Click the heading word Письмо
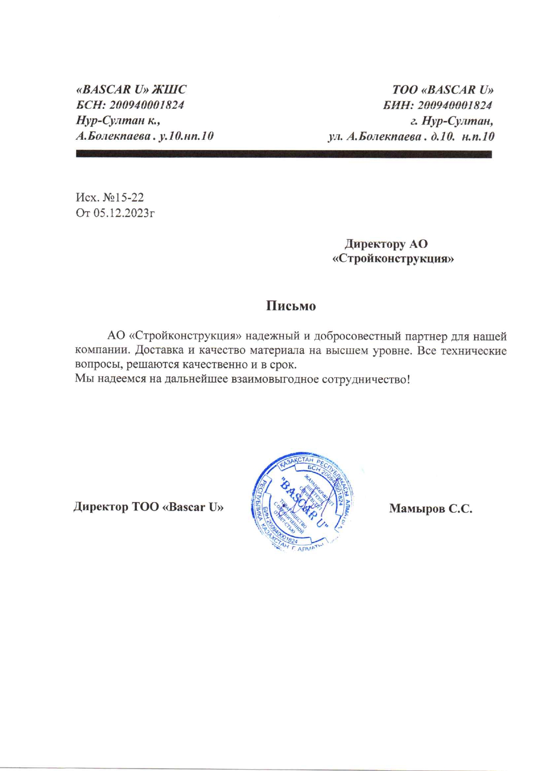point(291,306)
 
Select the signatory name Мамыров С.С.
point(430,509)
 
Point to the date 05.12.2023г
point(124,213)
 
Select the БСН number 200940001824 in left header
point(146,105)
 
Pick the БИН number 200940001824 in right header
point(454,106)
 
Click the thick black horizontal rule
point(283,154)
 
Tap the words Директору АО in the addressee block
point(386,244)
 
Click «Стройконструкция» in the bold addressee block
point(393,259)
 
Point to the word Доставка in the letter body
point(162,351)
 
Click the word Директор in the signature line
point(101,507)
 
